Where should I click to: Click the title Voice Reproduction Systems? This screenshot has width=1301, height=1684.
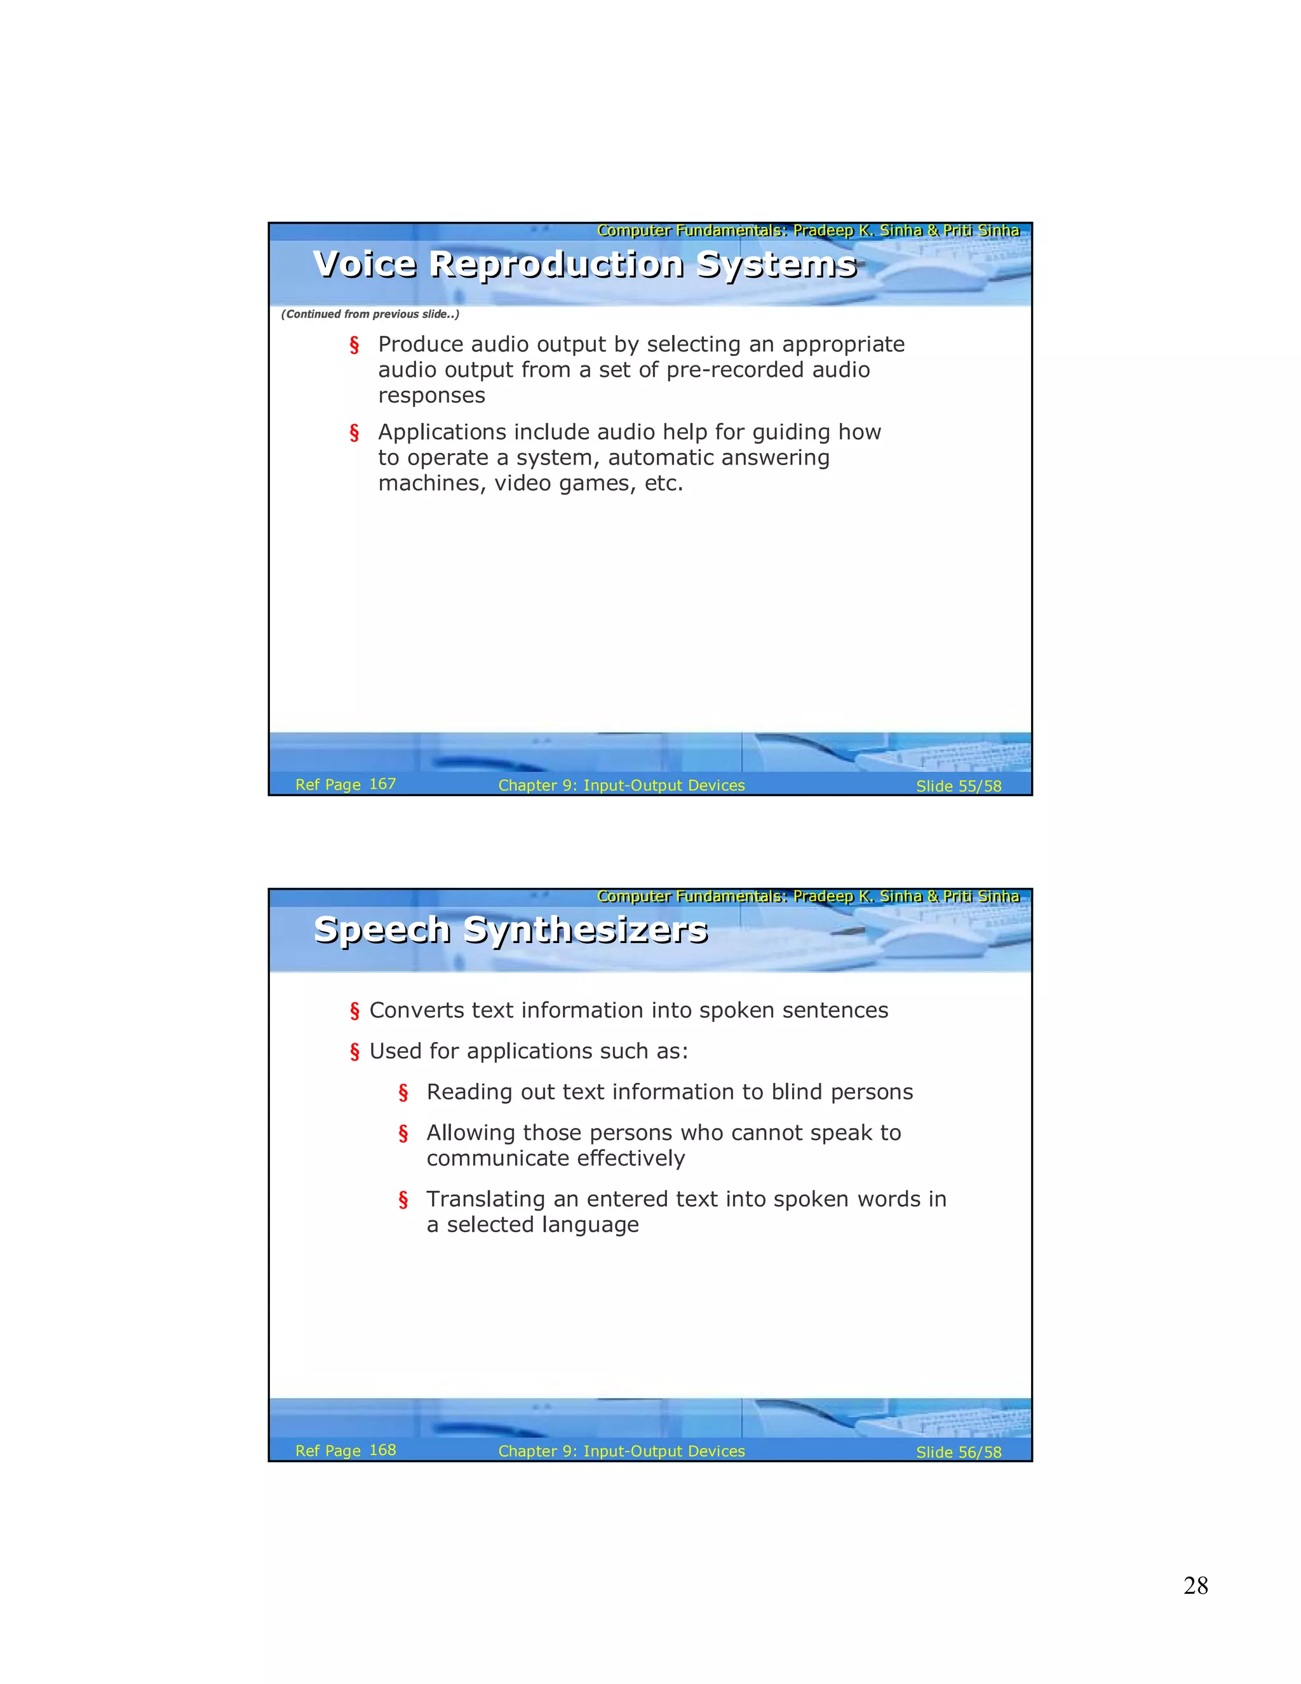[x=584, y=264]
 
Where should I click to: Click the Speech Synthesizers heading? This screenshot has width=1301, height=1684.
[x=510, y=929]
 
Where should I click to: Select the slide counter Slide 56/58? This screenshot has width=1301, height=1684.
[x=958, y=1452]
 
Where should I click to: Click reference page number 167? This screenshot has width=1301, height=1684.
[x=382, y=784]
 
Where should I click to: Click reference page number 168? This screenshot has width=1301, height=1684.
[x=382, y=1450]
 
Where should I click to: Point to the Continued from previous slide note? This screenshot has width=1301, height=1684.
[x=370, y=314]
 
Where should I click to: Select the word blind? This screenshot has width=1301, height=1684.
[x=797, y=1092]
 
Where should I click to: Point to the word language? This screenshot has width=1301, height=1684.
[x=590, y=1225]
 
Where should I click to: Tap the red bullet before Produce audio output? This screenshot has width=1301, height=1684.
[x=354, y=346]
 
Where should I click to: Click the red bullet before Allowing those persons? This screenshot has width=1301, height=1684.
[x=403, y=1134]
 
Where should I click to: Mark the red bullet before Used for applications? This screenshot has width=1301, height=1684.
[x=354, y=1052]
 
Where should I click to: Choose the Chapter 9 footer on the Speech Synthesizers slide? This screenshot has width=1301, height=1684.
[x=621, y=1451]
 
